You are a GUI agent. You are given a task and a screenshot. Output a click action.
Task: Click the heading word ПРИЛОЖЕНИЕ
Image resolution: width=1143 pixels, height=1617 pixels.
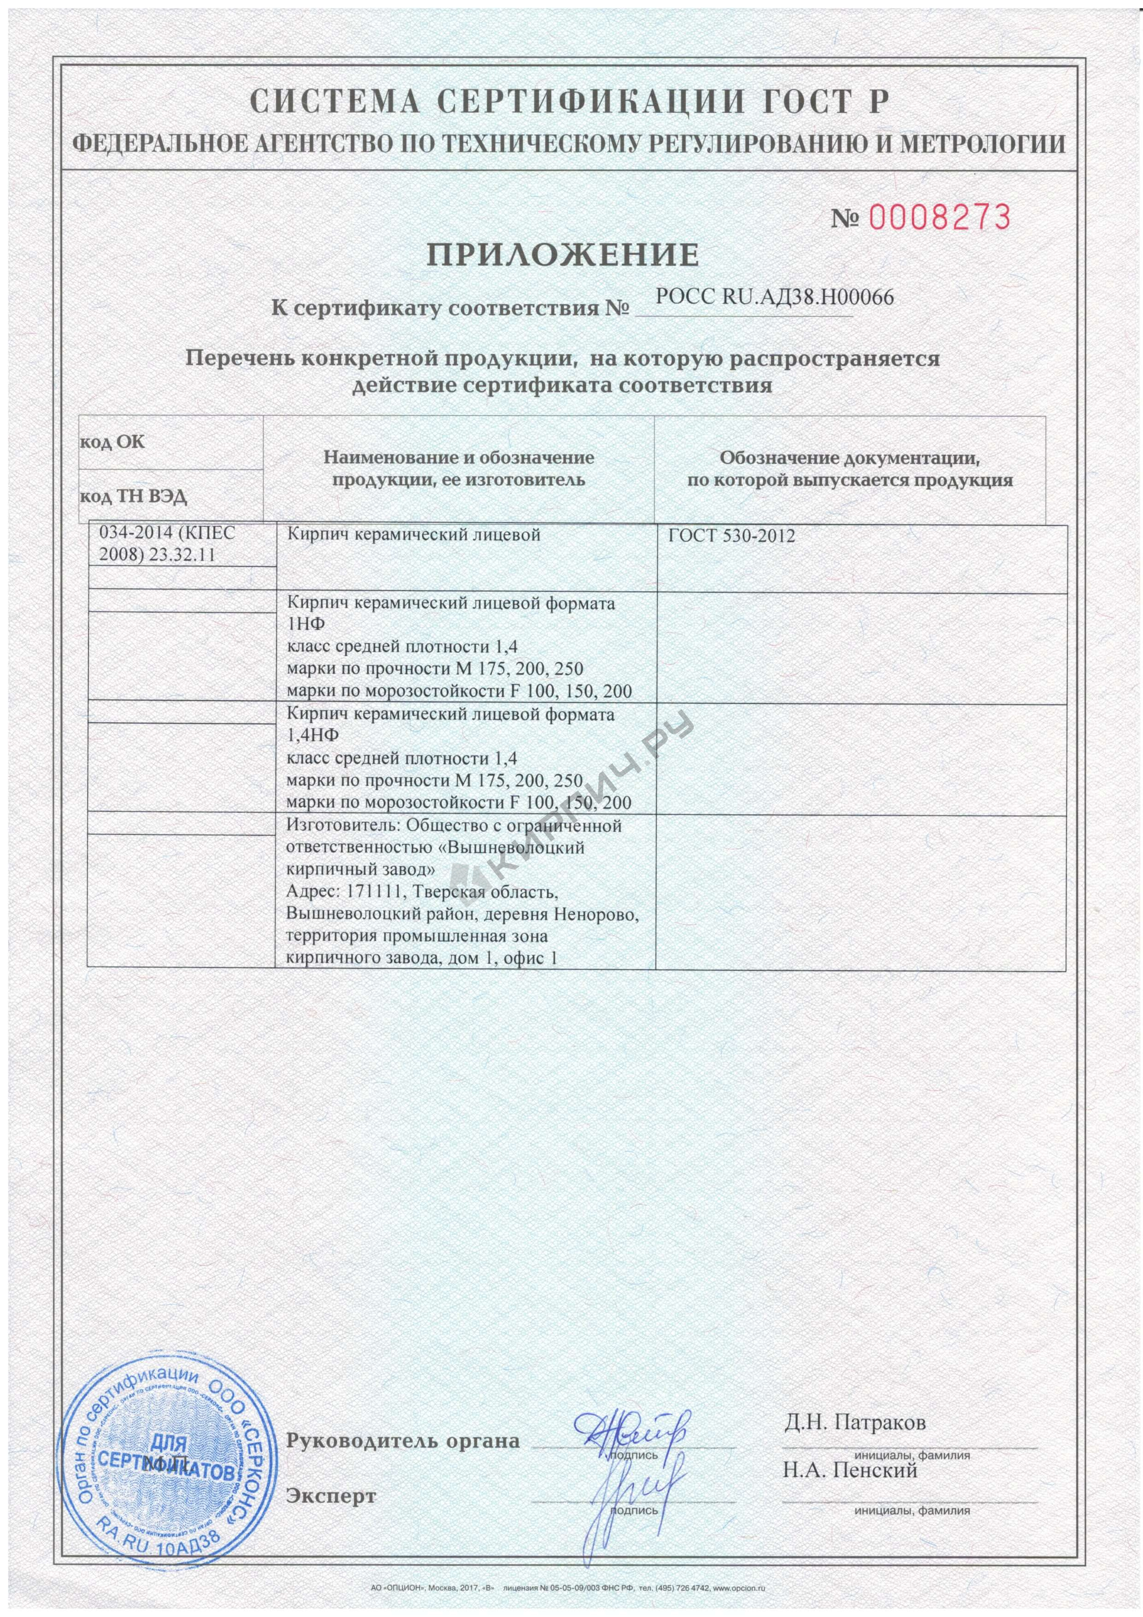[563, 254]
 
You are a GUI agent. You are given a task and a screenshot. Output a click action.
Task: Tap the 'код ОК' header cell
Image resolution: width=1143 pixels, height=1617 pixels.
[112, 443]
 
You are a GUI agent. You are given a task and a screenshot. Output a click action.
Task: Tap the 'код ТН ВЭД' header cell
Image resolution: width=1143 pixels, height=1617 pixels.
[133, 496]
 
